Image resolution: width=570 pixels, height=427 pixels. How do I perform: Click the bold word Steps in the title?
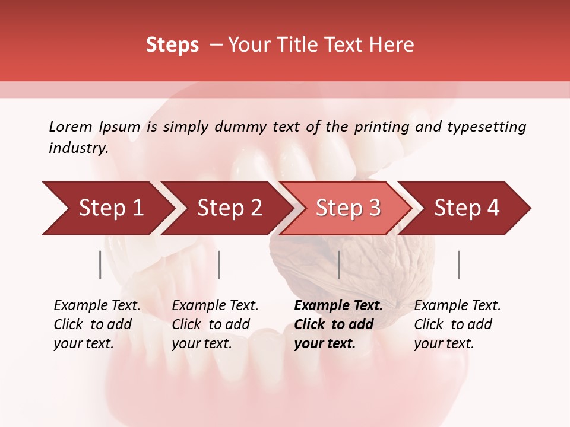coord(172,45)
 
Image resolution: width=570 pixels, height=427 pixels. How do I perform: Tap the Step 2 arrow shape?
coord(229,208)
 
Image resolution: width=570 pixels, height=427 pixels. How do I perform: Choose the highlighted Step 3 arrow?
coord(347,208)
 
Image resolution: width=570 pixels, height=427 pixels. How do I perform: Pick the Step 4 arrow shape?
coord(467,208)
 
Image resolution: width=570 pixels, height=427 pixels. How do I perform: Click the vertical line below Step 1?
coord(100,265)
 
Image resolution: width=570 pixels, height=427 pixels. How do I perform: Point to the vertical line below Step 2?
coord(219,265)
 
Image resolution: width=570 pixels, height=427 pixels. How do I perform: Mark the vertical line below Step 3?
coord(338,265)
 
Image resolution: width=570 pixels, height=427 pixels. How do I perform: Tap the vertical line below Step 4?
coord(459,265)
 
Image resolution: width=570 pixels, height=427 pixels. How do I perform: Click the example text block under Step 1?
coord(97,324)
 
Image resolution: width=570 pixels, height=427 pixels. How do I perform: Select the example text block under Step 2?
coord(215,324)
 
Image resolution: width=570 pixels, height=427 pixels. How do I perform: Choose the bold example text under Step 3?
coord(338,324)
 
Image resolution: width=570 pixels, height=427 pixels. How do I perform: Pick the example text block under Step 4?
coord(457,324)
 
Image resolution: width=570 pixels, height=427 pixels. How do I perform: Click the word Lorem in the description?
coord(71,127)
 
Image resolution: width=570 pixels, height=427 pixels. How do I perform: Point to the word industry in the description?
coord(78,148)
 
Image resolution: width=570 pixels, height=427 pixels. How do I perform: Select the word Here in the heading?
coord(391,45)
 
